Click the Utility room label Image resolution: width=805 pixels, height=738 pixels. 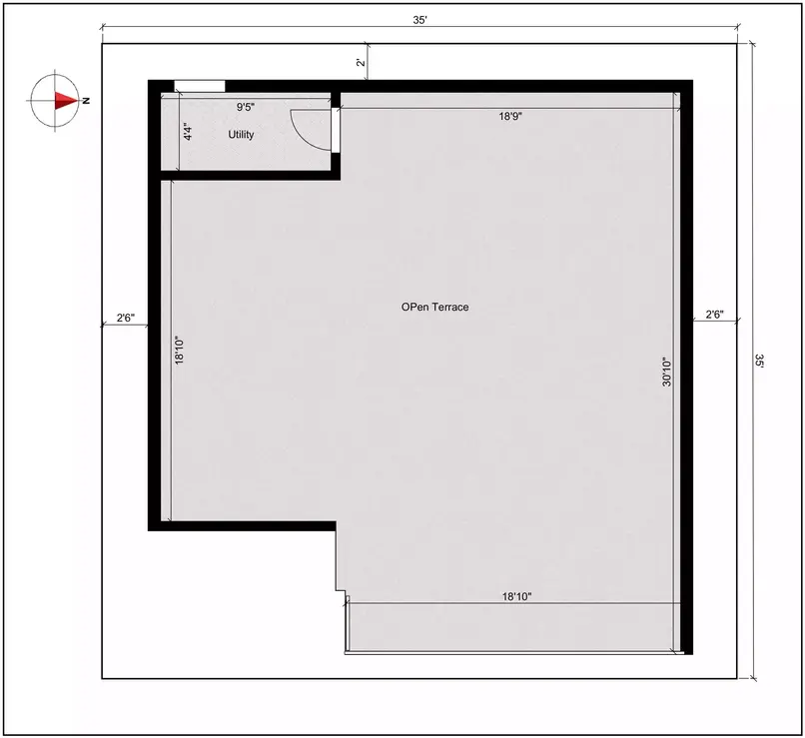click(x=241, y=134)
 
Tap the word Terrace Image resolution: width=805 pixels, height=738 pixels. click(x=449, y=308)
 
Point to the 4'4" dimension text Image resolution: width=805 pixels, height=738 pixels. click(x=187, y=132)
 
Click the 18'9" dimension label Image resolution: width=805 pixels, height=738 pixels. click(x=511, y=116)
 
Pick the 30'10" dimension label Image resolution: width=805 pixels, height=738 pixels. click(x=666, y=379)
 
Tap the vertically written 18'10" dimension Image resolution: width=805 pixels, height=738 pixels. click(x=180, y=349)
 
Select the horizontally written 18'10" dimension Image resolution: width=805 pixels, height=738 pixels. click(x=515, y=596)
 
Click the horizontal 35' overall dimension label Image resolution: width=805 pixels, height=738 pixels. click(x=419, y=20)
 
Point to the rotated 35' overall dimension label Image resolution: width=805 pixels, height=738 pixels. click(x=759, y=362)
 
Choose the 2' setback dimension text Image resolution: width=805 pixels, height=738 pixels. click(x=361, y=63)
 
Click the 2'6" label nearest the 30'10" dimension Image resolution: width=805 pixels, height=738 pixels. click(x=714, y=315)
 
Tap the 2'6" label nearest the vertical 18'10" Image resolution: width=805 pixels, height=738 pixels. click(x=126, y=318)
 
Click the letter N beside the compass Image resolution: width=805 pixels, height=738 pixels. click(x=87, y=100)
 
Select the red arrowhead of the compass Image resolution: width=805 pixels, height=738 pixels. click(x=66, y=100)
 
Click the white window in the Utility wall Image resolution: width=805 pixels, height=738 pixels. click(x=199, y=86)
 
